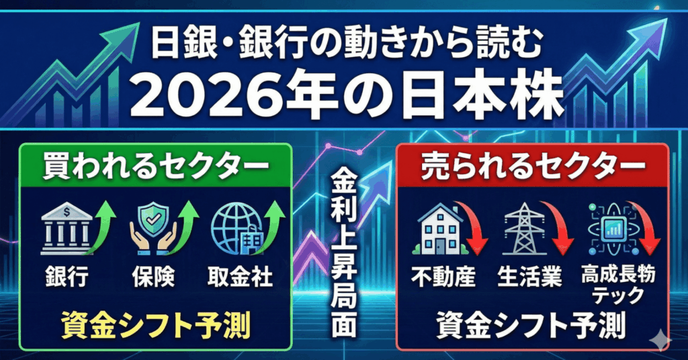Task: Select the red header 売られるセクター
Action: pos(533,167)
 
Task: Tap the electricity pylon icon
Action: pos(524,228)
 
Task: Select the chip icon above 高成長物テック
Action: pos(610,228)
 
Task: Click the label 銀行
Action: pos(67,277)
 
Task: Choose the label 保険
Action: pos(153,277)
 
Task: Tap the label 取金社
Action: pos(240,277)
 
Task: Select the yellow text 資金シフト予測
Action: pos(155,325)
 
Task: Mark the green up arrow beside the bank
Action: pos(102,227)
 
